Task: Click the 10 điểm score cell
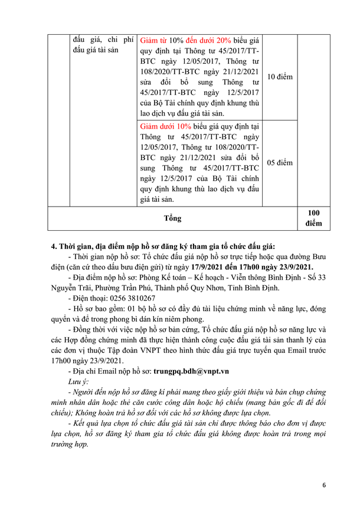tap(280, 77)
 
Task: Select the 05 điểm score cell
tap(280, 162)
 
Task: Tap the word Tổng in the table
tap(172, 218)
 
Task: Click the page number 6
tap(323, 485)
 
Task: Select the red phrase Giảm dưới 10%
tap(166, 126)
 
